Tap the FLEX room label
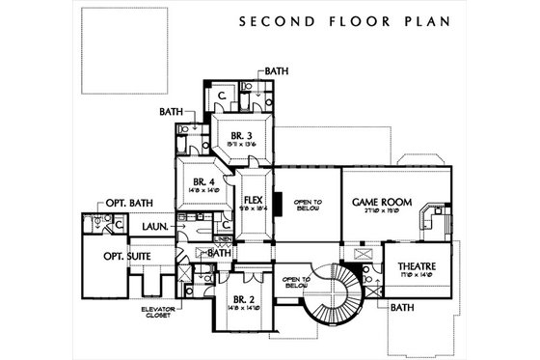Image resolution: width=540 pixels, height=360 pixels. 254,200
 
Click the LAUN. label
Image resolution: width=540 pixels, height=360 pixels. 156,226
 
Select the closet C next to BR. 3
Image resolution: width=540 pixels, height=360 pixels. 221,97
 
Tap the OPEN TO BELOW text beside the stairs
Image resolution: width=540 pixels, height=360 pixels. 294,282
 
